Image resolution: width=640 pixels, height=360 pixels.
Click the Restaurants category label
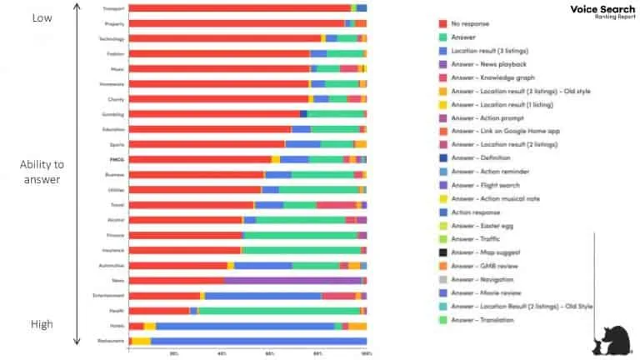pyautogui.click(x=112, y=341)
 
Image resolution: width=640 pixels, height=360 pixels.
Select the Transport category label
pyautogui.click(x=114, y=8)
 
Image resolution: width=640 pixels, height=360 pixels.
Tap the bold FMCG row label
pyautogui.click(x=116, y=159)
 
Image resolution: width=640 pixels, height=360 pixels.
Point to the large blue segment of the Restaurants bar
pyautogui.click(x=258, y=341)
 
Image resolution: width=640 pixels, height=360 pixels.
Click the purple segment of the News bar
pyautogui.click(x=292, y=281)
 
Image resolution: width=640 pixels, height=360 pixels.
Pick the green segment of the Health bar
pyautogui.click(x=279, y=311)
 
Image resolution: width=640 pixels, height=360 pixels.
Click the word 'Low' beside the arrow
pyautogui.click(x=42, y=17)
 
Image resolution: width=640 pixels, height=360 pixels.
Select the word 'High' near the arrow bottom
pyautogui.click(x=42, y=324)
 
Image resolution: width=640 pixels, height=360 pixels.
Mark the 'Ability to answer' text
pyautogui.click(x=42, y=172)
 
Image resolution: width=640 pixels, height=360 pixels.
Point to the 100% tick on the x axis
pyautogui.click(x=366, y=353)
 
